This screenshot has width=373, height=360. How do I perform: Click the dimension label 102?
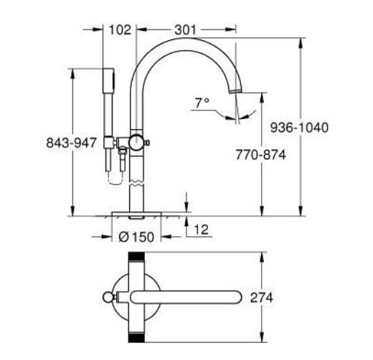[x=121, y=29]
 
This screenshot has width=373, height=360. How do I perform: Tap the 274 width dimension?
[x=261, y=297]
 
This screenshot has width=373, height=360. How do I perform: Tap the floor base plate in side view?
[x=136, y=212]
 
